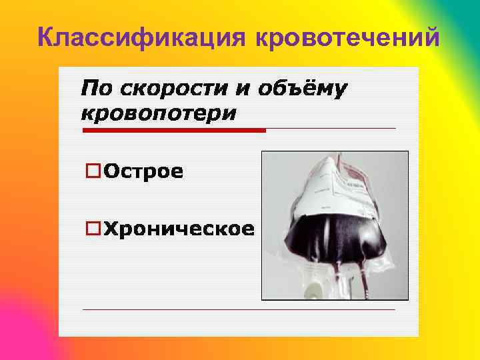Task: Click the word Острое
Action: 143,171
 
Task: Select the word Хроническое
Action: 179,229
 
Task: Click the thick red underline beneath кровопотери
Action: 173,130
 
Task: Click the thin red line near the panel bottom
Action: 238,309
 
